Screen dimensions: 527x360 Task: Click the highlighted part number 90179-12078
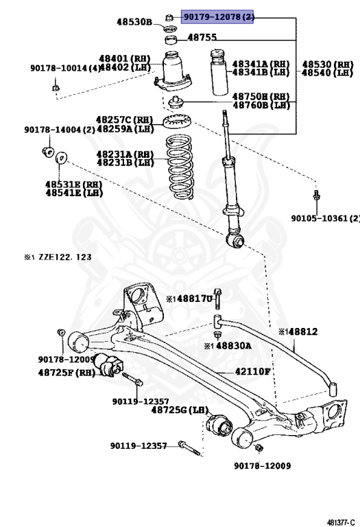[217, 16]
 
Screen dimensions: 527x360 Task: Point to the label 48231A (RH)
[125, 154]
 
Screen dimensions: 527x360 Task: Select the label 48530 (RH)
[328, 64]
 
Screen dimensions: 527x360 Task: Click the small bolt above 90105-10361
[316, 196]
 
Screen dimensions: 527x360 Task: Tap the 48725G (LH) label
[180, 410]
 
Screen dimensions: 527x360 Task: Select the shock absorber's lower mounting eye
[237, 240]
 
